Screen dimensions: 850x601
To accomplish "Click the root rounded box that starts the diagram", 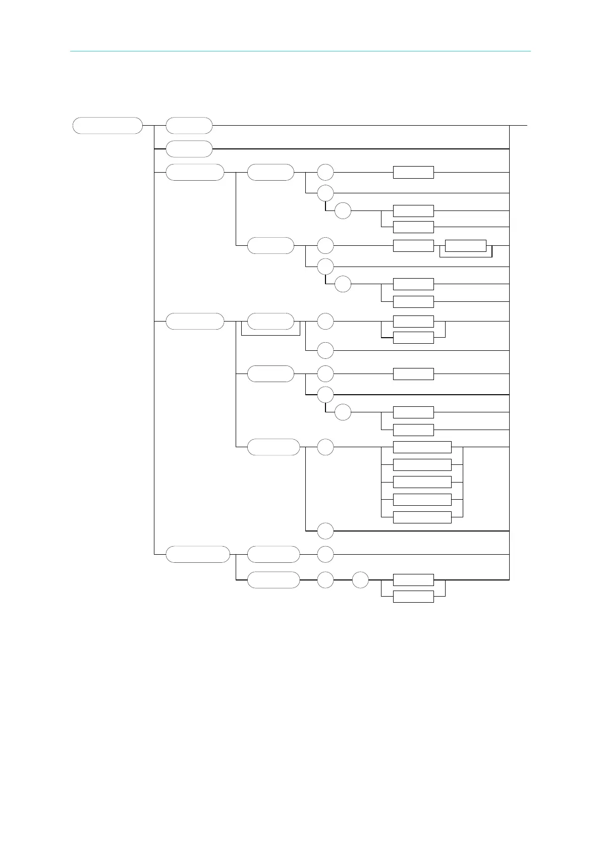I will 107,125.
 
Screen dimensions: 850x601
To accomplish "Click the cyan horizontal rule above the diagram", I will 300,51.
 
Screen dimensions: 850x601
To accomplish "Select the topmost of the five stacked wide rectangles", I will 422,447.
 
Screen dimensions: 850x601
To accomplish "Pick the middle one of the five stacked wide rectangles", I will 422,482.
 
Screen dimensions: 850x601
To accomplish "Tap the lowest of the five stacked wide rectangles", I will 422,517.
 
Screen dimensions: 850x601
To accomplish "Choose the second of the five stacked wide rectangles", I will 422,465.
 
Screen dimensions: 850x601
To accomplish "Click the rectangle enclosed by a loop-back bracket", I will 466,246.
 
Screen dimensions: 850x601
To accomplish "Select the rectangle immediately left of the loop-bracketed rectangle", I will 413,246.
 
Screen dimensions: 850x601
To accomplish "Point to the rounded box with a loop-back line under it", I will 271,321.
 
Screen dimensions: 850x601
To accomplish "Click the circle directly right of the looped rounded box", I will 325,321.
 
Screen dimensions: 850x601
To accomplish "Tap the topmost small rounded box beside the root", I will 189,125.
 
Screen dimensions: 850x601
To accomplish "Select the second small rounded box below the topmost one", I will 189,149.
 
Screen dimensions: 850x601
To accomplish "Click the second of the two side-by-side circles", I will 360,580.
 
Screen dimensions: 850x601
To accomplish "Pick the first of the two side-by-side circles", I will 325,580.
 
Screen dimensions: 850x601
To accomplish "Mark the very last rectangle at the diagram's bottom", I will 413,597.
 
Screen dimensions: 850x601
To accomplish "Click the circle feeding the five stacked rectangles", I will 325,447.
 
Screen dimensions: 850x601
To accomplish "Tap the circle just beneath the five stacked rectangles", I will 325,531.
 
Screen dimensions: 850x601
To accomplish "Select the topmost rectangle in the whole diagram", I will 413,172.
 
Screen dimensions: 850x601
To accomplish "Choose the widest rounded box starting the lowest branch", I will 198,554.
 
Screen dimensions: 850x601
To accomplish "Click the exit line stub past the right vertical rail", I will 519,125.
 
